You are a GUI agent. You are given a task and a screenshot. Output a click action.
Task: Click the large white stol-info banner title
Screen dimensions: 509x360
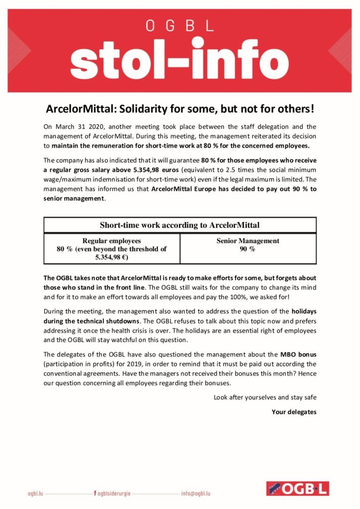(180, 62)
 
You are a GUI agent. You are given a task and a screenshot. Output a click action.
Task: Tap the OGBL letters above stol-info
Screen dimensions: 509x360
(180, 26)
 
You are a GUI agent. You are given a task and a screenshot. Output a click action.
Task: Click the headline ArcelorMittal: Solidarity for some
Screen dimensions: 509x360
(180, 109)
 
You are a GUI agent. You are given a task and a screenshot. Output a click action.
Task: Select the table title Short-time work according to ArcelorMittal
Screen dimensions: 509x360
(180, 225)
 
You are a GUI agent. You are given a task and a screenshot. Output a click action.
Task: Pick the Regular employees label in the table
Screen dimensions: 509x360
(112, 241)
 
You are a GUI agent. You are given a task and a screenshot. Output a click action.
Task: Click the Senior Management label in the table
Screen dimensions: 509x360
(248, 241)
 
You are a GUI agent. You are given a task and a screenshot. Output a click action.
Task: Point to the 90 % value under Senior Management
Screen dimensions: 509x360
(248, 249)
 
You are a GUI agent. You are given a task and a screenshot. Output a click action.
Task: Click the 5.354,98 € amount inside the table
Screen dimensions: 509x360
(112, 258)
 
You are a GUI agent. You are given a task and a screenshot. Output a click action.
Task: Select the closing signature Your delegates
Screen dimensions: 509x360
(294, 412)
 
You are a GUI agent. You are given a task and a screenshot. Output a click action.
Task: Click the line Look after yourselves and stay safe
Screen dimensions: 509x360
(265, 397)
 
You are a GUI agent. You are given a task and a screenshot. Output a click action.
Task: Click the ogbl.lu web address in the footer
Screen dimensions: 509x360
(37, 494)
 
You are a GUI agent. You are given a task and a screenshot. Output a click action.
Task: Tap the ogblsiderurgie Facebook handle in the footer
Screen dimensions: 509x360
(115, 494)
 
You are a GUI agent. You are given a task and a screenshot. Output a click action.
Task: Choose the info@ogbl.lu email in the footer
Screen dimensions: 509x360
(196, 494)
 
